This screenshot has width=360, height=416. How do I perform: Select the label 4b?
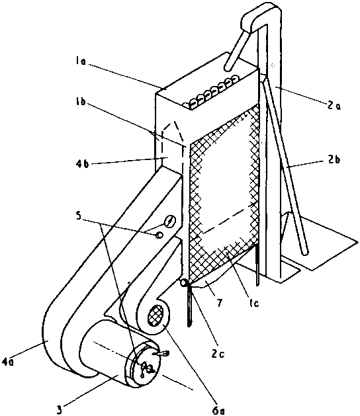point(81,163)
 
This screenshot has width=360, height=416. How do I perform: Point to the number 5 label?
point(78,216)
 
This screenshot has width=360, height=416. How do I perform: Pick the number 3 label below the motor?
point(60,409)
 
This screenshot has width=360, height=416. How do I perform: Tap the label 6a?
point(219,411)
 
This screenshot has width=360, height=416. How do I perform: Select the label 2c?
point(218,353)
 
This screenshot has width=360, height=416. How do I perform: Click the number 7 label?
point(219,302)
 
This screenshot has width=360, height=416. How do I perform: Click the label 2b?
point(334,160)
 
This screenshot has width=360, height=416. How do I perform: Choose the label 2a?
point(334,105)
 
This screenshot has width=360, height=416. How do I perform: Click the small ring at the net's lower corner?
point(183,283)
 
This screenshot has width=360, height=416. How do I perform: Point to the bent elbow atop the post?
point(260,17)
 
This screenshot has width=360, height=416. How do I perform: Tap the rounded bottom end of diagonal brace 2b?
point(304,251)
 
